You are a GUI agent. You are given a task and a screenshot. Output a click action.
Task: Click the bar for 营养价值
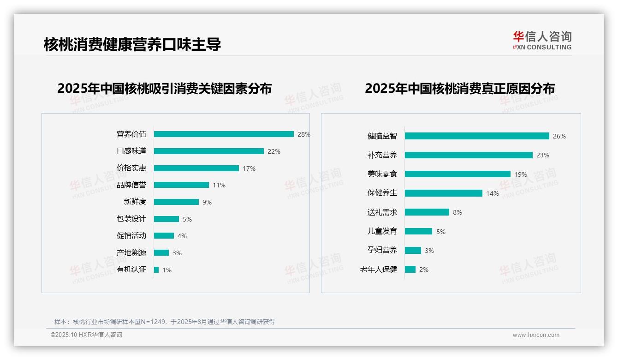point(224,134)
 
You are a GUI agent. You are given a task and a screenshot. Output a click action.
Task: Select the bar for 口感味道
point(208,151)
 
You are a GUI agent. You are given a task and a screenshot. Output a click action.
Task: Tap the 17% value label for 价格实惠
point(249,168)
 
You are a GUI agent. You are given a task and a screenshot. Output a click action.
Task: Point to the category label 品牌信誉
point(131,185)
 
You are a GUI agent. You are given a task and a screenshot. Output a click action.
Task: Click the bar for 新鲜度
point(176,202)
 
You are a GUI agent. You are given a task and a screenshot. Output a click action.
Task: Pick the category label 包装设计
point(131,219)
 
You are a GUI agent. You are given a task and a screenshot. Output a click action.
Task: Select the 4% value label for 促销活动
point(182,236)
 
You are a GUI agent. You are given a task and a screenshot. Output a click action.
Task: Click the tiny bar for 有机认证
point(156,270)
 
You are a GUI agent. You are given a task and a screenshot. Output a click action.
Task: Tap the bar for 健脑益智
point(477,136)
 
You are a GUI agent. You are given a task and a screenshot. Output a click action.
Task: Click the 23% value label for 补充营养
point(543,155)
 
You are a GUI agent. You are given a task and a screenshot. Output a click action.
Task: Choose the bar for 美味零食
point(458,174)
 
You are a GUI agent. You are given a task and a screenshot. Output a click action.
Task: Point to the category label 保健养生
point(382,193)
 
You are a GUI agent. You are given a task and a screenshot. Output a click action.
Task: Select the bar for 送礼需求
point(427,212)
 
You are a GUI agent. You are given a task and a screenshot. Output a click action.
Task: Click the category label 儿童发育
point(382,231)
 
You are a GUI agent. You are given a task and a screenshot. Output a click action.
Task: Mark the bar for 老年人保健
point(410,270)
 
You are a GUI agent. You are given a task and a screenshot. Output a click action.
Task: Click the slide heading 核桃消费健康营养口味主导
point(132,45)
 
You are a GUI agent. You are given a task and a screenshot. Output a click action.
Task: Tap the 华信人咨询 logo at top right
point(542,40)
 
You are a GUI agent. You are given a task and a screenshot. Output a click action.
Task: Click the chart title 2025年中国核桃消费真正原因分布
point(460,89)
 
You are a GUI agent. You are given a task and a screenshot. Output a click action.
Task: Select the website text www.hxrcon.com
point(536,335)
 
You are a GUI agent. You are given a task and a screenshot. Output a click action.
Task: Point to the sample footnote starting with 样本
point(165,322)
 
